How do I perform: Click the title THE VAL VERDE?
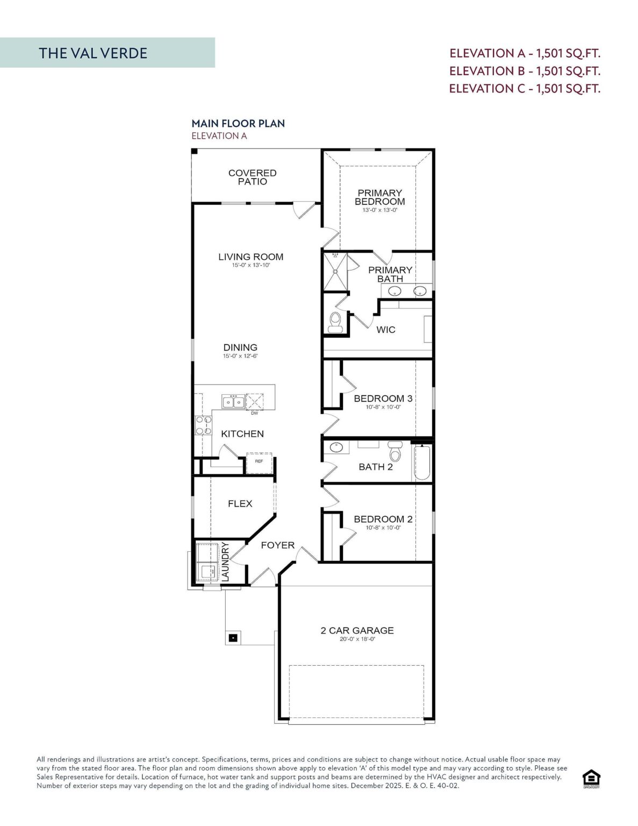click(92, 53)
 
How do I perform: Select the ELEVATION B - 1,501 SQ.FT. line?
click(525, 71)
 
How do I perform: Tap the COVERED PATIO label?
click(252, 177)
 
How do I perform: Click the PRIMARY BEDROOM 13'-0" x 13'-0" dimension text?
click(379, 210)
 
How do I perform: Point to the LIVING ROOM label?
click(250, 257)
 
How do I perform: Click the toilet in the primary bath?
click(335, 322)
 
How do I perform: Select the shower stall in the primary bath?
click(335, 272)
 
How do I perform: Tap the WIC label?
click(385, 330)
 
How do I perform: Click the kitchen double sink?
click(233, 402)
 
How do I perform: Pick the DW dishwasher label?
click(254, 414)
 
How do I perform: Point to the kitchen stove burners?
click(203, 425)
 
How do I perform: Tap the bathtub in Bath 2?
click(422, 462)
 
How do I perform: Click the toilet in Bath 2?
click(395, 452)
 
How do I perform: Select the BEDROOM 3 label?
click(383, 398)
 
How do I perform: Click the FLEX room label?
click(240, 504)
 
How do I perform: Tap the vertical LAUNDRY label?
click(225, 561)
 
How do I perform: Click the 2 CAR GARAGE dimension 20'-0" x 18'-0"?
click(357, 639)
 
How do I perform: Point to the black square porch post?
click(233, 638)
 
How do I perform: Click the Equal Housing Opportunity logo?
click(591, 779)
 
